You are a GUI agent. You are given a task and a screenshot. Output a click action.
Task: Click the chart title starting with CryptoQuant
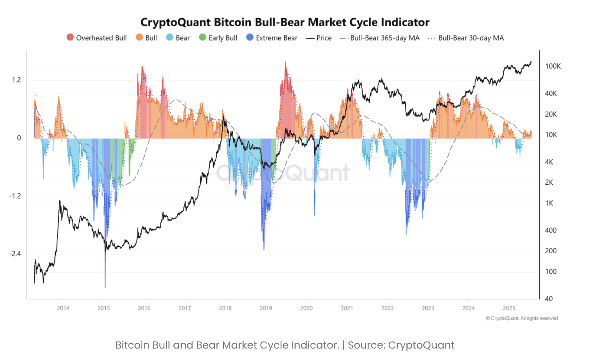[x=285, y=22]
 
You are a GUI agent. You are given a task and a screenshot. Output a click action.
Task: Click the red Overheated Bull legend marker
[x=70, y=37]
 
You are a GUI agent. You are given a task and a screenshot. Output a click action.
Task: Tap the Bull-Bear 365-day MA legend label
[x=385, y=38]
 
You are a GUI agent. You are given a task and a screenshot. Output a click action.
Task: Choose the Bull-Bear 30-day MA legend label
[x=471, y=38]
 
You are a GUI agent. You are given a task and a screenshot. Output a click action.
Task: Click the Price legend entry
[x=324, y=38]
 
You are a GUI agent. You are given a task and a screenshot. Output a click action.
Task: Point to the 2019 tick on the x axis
[x=266, y=308]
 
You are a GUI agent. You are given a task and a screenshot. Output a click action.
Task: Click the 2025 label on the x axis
[x=509, y=308]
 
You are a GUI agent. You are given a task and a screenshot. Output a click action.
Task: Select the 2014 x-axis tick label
[x=63, y=308]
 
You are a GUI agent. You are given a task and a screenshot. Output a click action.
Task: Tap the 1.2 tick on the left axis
[x=16, y=80]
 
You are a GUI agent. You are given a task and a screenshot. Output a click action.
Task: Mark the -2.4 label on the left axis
[x=15, y=254]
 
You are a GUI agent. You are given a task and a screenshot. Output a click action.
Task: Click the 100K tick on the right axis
[x=553, y=66]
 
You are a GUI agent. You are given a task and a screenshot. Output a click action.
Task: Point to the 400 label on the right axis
[x=551, y=230]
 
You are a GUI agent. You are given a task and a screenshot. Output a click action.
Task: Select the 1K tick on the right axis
[x=549, y=203]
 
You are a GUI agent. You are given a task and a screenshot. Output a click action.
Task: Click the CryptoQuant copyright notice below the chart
[x=521, y=318]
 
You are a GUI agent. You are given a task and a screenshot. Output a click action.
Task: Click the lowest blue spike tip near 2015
[x=105, y=287]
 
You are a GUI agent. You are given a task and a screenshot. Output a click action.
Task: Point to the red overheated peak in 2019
[x=285, y=63]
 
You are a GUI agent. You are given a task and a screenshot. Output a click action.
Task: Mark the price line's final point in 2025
[x=531, y=62]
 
